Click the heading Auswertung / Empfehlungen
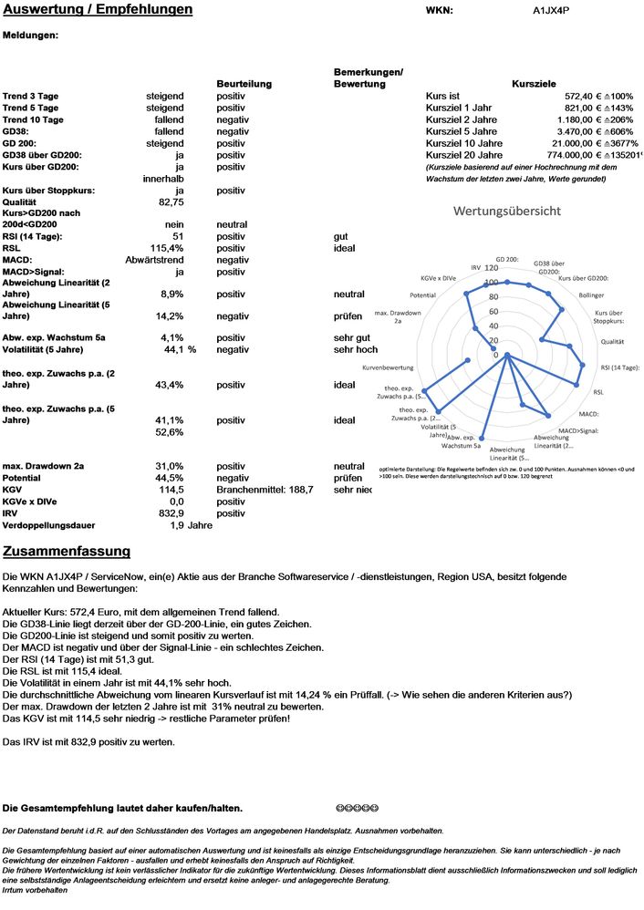click(x=98, y=10)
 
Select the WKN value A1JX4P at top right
click(x=552, y=11)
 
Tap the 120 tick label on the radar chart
click(x=493, y=268)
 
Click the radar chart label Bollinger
click(x=591, y=295)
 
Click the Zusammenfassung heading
click(x=67, y=552)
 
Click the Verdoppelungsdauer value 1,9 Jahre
click(x=191, y=525)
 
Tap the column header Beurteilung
click(x=244, y=84)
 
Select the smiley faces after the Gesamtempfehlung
click(x=357, y=808)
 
